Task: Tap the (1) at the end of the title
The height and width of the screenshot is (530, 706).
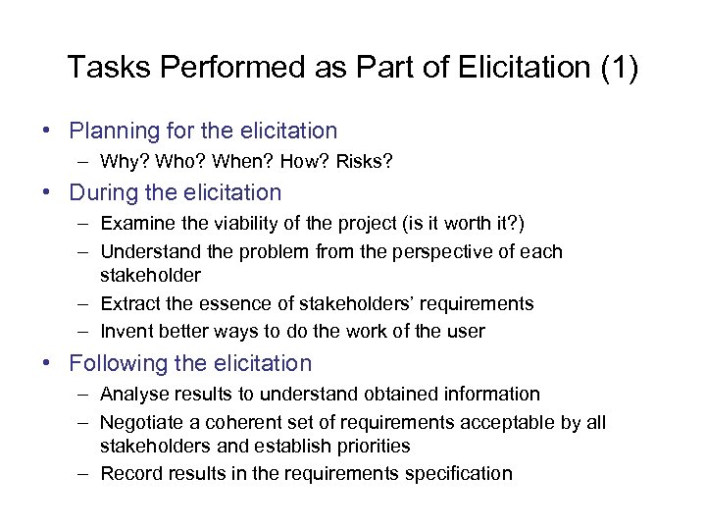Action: pos(617,68)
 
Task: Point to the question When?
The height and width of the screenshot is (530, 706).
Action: pos(227,161)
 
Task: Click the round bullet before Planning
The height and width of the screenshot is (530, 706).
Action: pos(47,132)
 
